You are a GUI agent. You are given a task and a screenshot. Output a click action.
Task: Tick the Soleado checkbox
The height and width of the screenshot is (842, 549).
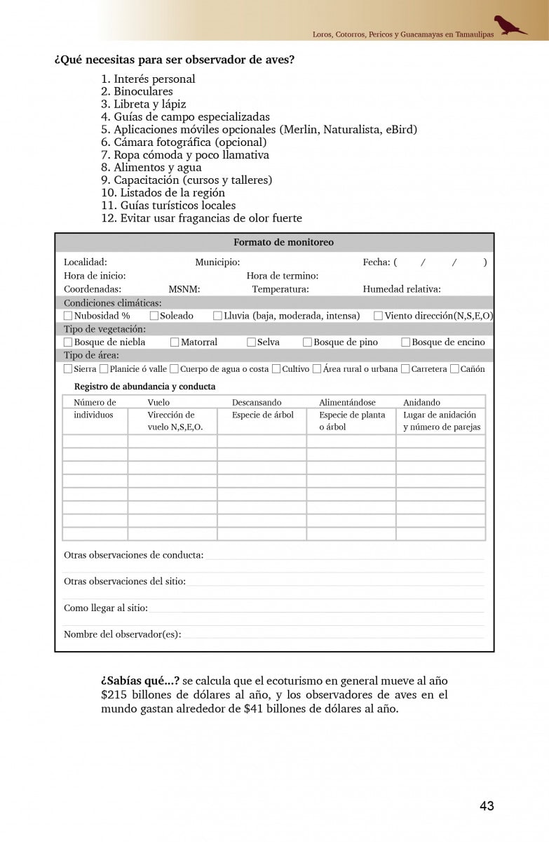pos(154,316)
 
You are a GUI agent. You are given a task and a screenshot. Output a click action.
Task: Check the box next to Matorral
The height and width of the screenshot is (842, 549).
pos(175,342)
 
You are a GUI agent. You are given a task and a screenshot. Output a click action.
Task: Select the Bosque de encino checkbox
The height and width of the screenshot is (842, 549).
pos(406,342)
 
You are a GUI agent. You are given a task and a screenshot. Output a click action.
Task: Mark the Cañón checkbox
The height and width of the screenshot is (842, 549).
pos(454,369)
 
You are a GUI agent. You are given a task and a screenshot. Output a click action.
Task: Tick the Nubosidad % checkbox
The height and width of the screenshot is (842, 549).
pos(68,316)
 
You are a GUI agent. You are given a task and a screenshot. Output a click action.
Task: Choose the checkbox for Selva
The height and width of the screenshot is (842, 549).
pos(252,342)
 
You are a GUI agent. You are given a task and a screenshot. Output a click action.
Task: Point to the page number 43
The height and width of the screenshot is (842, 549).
pos(487,806)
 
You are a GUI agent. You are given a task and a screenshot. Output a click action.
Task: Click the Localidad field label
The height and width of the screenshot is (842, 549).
pos(86,262)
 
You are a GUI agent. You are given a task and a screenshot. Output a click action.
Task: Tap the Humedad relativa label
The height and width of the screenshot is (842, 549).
pos(402,289)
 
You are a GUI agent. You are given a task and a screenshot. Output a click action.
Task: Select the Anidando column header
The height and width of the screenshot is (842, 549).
pos(421,403)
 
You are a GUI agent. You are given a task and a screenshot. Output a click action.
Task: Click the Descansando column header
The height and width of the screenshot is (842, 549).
pos(257,403)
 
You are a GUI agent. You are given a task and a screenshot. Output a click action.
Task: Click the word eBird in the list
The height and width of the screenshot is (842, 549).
pos(401,130)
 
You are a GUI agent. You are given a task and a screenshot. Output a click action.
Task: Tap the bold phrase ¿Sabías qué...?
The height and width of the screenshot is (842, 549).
pos(140,681)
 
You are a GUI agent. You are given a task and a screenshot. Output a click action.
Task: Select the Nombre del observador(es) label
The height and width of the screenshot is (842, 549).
pos(122,634)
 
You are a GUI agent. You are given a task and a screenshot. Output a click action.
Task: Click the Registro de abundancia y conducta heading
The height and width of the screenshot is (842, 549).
pos(144,387)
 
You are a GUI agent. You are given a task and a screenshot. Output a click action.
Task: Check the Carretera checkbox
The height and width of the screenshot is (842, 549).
pos(405,369)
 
